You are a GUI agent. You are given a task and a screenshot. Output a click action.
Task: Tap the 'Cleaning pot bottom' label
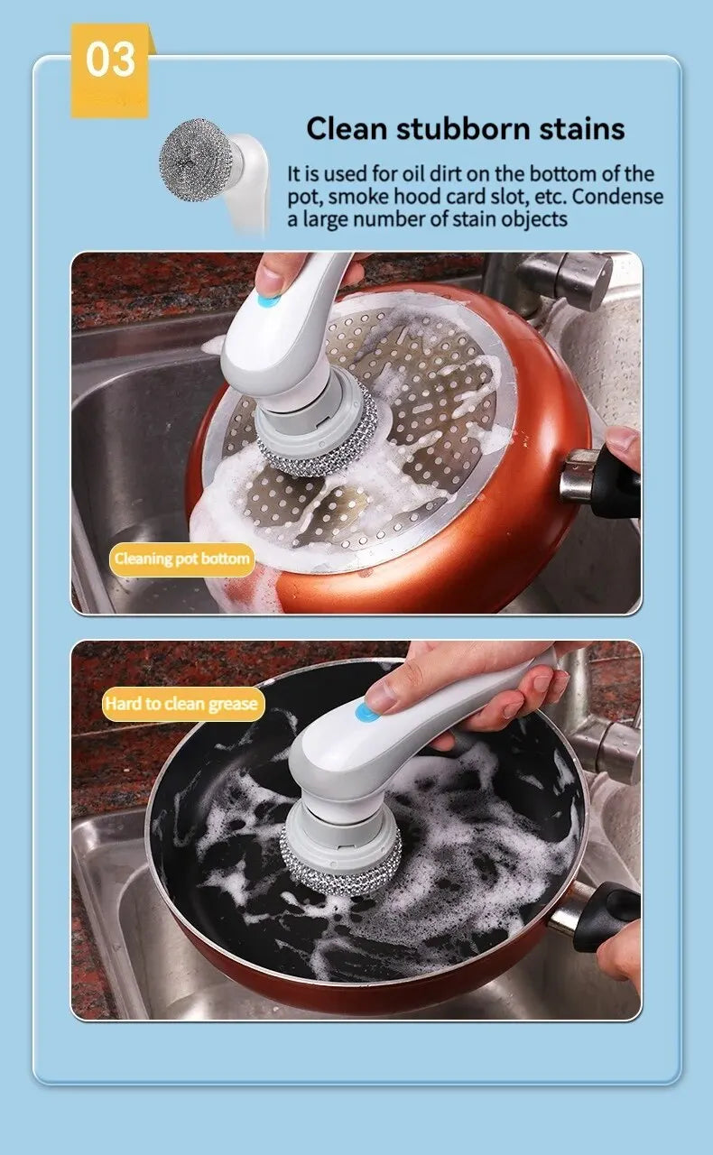[x=181, y=559]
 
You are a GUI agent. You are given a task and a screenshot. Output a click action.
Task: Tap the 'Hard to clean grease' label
[x=182, y=704]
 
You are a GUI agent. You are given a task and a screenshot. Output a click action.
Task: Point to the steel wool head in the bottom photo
[x=340, y=871]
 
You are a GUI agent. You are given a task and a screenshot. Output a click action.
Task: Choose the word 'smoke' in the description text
[x=366, y=197]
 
